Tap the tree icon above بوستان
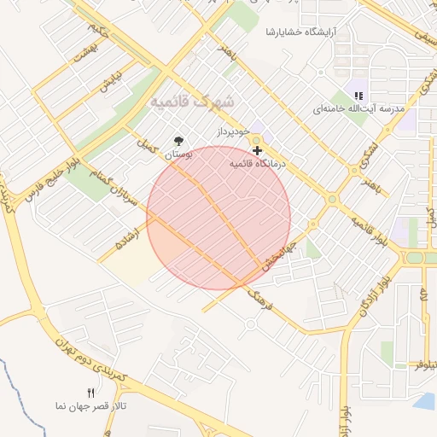178,141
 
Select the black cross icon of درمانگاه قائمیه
257,150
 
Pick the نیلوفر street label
425,365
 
